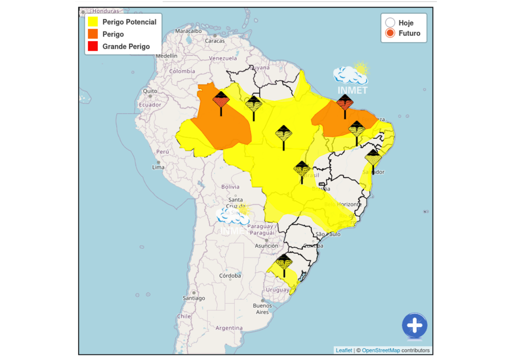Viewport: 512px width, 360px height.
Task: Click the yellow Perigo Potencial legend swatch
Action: pyautogui.click(x=92, y=22)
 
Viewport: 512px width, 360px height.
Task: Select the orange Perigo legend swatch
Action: pyautogui.click(x=92, y=34)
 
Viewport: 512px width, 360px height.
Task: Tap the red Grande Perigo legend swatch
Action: pyautogui.click(x=92, y=46)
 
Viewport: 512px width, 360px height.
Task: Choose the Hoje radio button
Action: pyautogui.click(x=390, y=22)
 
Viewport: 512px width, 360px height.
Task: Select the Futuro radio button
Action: pyautogui.click(x=390, y=33)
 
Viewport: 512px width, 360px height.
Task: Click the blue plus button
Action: pyautogui.click(x=414, y=325)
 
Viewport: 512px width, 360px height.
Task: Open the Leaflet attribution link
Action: pyautogui.click(x=343, y=350)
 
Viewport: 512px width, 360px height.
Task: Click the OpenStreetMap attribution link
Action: pyautogui.click(x=380, y=350)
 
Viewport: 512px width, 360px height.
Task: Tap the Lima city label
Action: pyautogui.click(x=158, y=167)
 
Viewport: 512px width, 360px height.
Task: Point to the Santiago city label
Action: pyautogui.click(x=193, y=298)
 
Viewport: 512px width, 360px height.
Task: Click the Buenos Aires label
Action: pyautogui.click(x=262, y=308)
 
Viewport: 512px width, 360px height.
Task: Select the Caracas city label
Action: pyautogui.click(x=214, y=41)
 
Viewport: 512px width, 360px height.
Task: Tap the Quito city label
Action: pyautogui.click(x=150, y=91)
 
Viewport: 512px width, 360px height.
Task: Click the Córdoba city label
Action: pyautogui.click(x=230, y=275)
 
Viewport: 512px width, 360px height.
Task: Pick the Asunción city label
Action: pyautogui.click(x=266, y=245)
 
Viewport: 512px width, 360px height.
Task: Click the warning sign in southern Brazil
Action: pyautogui.click(x=284, y=262)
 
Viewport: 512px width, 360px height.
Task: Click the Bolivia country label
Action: pyautogui.click(x=230, y=186)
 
